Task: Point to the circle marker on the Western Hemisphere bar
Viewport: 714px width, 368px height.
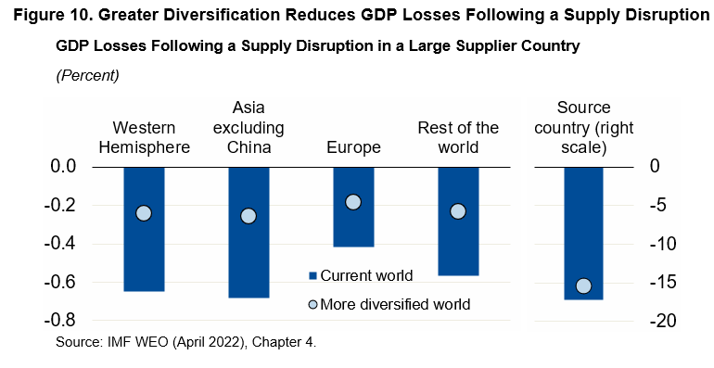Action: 144,213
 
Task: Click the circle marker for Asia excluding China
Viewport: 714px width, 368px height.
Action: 249,216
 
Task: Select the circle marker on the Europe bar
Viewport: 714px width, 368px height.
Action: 353,202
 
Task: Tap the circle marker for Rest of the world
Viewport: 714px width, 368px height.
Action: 457,211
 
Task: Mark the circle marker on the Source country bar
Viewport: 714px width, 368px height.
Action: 583,286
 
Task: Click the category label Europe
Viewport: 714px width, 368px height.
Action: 353,147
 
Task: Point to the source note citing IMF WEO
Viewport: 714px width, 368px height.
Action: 185,342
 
